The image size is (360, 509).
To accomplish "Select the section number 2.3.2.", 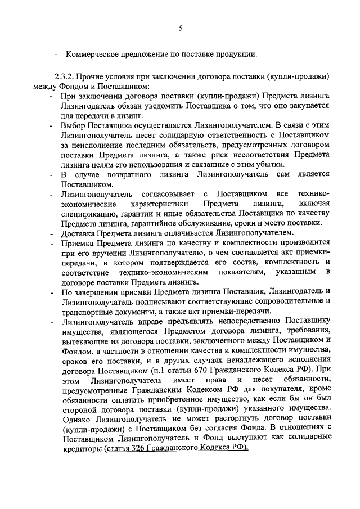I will tap(65, 76).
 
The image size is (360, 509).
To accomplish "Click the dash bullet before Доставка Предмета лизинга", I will tap(52, 232).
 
